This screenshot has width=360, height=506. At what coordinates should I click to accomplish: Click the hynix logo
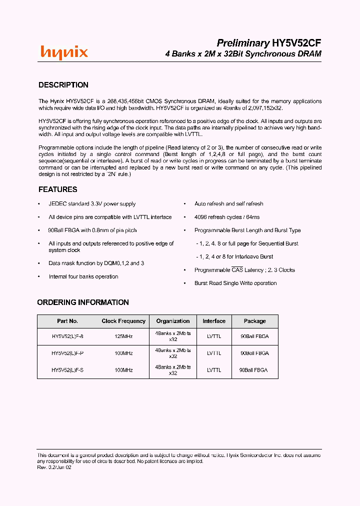[64, 52]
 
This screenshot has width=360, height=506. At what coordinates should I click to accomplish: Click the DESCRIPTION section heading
[63, 85]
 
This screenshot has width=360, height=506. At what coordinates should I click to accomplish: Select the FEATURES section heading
[58, 189]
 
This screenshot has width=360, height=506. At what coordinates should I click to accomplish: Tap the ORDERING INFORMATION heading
[83, 302]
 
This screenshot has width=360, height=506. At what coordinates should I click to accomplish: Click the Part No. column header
[67, 321]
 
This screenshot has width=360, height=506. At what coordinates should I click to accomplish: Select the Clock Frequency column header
[123, 321]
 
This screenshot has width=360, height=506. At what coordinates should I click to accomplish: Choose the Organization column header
[173, 321]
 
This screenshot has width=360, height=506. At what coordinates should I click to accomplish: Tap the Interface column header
[214, 321]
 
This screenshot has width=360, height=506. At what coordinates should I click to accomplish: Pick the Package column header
[254, 321]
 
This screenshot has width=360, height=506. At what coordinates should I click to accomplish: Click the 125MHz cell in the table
[123, 336]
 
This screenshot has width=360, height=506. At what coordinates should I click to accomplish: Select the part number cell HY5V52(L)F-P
[67, 353]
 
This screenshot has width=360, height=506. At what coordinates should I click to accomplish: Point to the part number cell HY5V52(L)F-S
[67, 370]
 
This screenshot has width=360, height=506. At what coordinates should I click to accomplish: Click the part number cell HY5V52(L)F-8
[67, 336]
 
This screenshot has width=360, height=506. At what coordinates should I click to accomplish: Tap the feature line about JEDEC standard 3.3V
[92, 204]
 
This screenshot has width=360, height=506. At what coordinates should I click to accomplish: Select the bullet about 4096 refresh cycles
[227, 217]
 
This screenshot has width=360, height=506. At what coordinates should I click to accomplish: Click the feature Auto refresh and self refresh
[228, 204]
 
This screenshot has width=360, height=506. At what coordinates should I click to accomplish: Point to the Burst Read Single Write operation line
[235, 283]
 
